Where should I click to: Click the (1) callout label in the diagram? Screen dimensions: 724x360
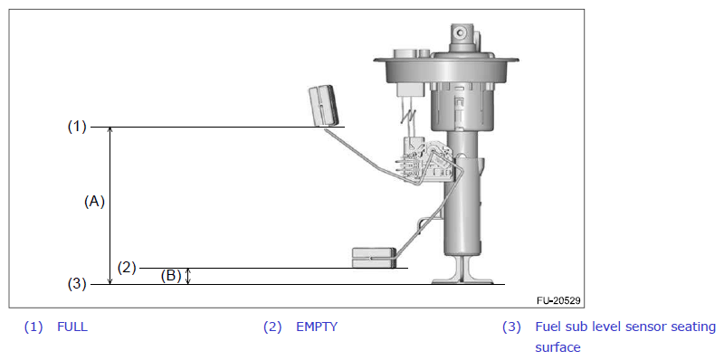point(77,127)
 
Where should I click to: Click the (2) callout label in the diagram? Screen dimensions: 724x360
point(127,268)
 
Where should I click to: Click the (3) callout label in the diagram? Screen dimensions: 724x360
point(77,284)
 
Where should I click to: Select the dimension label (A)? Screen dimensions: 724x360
point(94,202)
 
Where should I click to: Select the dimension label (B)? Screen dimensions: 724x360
point(171,276)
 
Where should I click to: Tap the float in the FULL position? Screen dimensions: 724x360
point(323,105)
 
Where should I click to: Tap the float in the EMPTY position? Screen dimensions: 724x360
point(374,258)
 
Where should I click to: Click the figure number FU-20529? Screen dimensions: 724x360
point(558,300)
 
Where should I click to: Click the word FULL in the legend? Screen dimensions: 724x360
point(72,327)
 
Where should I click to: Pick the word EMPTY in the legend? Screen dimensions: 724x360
point(317,327)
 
